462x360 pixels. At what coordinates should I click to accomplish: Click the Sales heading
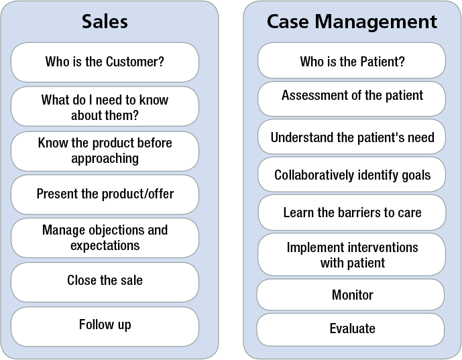[x=105, y=21]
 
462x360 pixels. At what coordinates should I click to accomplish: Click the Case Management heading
[x=352, y=21]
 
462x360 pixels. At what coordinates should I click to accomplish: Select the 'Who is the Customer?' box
[x=105, y=62]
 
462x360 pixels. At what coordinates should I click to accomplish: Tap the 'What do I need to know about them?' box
[x=105, y=107]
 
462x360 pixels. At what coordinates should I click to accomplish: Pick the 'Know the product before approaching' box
[x=105, y=151]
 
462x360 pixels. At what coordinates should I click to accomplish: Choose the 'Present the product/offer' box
[x=105, y=194]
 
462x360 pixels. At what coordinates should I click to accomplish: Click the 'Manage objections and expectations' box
[x=105, y=238]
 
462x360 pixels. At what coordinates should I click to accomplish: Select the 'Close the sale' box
[x=105, y=282]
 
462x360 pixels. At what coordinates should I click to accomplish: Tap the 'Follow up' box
[x=105, y=326]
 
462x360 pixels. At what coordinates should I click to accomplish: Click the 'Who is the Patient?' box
[x=351, y=60]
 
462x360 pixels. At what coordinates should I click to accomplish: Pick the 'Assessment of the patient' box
[x=351, y=99]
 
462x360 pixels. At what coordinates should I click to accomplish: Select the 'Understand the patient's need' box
[x=351, y=136]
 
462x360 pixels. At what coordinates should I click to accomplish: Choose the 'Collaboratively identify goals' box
[x=351, y=174]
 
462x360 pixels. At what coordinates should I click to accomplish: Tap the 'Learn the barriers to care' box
[x=352, y=212]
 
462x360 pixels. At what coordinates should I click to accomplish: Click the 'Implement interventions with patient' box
[x=351, y=254]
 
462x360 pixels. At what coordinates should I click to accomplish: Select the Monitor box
[x=350, y=294]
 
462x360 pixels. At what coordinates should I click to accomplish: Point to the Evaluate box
[x=350, y=330]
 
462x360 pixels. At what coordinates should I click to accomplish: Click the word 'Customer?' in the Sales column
[x=135, y=62]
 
